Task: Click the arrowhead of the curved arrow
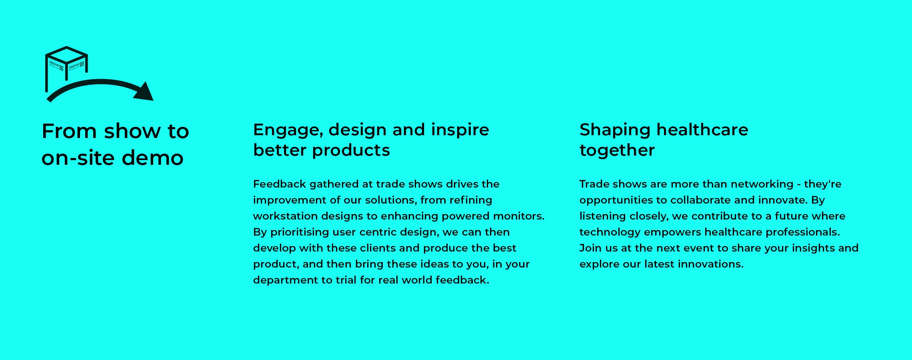pyautogui.click(x=144, y=92)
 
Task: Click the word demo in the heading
pyautogui.click(x=152, y=158)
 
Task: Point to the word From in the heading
pyautogui.click(x=69, y=131)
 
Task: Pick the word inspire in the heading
pyautogui.click(x=460, y=130)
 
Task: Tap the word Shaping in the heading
pyautogui.click(x=615, y=130)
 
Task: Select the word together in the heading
pyautogui.click(x=617, y=150)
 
